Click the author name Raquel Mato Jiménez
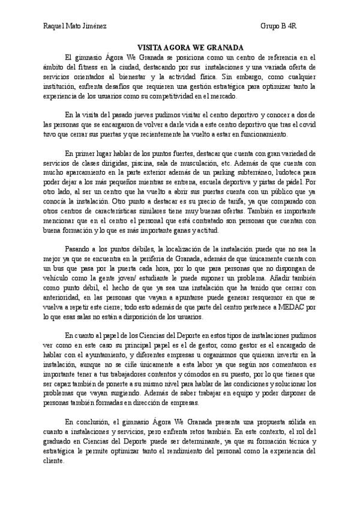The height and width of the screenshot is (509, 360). (x=77, y=27)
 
